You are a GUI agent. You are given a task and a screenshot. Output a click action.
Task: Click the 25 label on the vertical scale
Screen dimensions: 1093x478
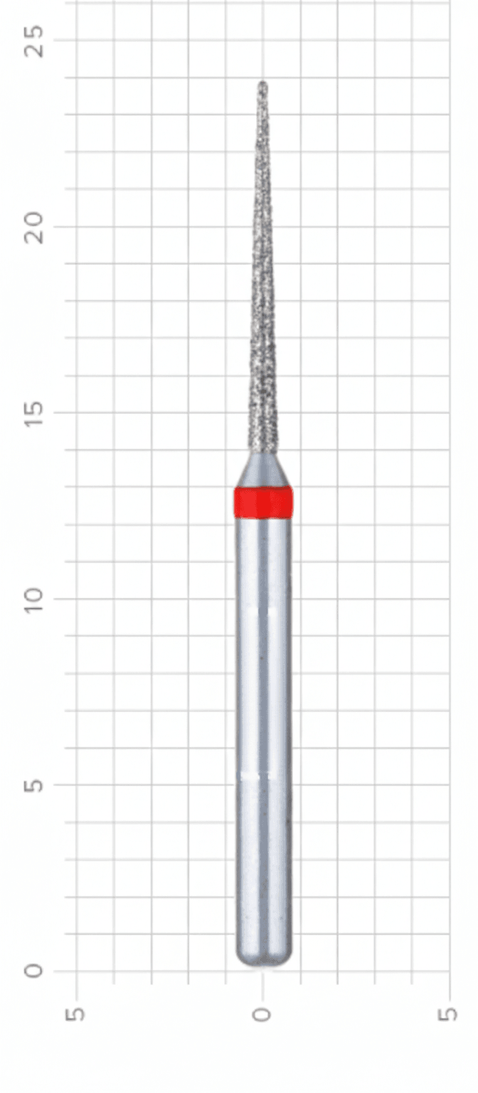(x=34, y=41)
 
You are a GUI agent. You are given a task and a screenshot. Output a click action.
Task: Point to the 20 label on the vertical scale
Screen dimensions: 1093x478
(x=34, y=227)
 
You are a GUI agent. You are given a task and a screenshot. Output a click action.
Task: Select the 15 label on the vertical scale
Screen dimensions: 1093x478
(x=34, y=413)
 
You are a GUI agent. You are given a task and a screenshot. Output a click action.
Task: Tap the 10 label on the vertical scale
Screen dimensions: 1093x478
(x=34, y=598)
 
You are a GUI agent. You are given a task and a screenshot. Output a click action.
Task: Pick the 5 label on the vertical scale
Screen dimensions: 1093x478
(x=34, y=785)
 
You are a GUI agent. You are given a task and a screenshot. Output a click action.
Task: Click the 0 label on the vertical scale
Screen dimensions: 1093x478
(x=34, y=971)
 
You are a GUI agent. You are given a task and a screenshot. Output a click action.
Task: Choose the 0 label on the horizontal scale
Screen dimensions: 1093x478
(x=263, y=1013)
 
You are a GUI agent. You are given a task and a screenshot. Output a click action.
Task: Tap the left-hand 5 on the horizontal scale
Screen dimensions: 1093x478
(x=76, y=1013)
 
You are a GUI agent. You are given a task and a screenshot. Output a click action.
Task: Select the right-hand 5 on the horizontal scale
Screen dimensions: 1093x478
(x=449, y=1013)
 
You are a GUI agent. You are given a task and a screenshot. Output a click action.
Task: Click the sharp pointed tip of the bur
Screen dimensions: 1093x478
(x=263, y=84)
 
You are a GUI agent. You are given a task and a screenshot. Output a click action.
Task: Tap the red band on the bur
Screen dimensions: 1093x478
(x=263, y=502)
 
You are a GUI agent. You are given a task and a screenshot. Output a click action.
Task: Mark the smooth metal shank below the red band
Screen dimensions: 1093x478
(x=263, y=712)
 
